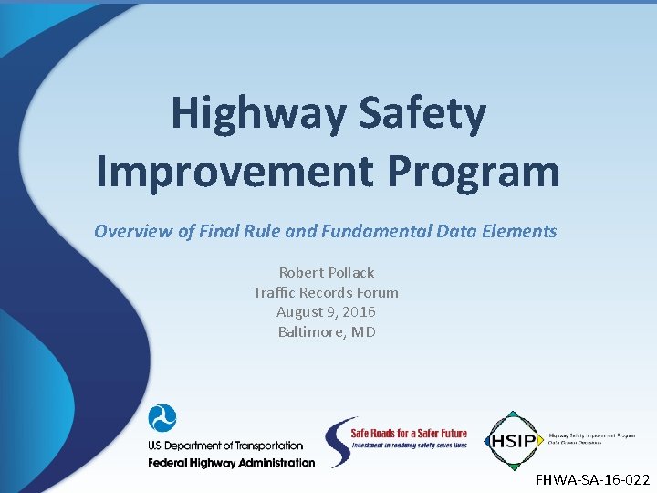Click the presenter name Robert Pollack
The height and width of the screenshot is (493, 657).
(x=326, y=272)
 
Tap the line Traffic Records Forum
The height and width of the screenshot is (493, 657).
(x=326, y=292)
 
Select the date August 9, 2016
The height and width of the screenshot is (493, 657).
(x=326, y=312)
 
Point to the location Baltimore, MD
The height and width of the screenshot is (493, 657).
(x=326, y=332)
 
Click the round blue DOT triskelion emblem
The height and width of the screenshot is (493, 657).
(x=162, y=419)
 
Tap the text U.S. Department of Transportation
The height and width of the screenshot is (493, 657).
(x=225, y=446)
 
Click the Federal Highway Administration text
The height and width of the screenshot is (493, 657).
(x=231, y=462)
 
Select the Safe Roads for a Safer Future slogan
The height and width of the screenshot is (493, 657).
(x=409, y=434)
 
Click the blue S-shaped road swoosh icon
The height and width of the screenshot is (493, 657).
(x=339, y=443)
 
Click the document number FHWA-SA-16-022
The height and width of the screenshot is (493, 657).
(x=592, y=479)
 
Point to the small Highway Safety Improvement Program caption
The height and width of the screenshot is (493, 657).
(x=591, y=436)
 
